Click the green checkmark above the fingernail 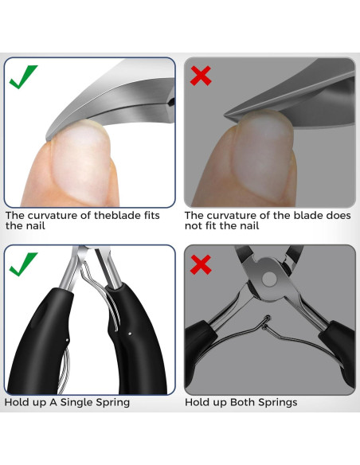click(x=23, y=76)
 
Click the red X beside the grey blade click(x=201, y=76)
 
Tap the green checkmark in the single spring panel click(x=23, y=264)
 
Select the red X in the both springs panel click(x=201, y=264)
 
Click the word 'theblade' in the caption click(x=118, y=215)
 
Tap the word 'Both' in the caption click(x=243, y=402)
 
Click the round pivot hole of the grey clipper click(x=269, y=279)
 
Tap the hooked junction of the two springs click(x=266, y=322)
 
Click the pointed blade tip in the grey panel click(x=225, y=114)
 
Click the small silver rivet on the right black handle click(x=130, y=334)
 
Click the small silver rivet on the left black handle click(x=68, y=340)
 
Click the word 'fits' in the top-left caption click(x=152, y=215)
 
